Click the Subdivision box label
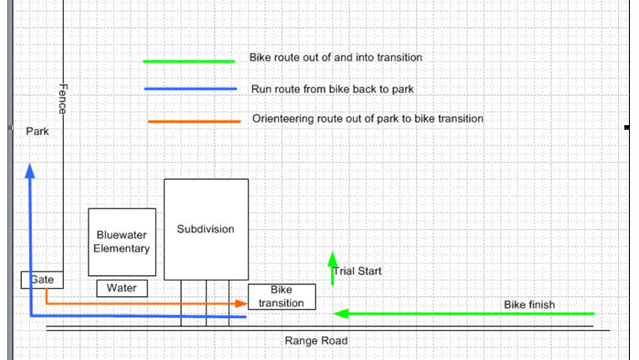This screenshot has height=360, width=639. [206, 229]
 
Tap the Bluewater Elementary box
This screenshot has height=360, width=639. [122, 242]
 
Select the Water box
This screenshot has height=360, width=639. [122, 288]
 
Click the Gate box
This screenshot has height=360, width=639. [42, 280]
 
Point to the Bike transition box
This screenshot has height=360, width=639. [282, 296]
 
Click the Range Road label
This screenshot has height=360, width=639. [316, 341]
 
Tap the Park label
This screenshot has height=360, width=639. [37, 132]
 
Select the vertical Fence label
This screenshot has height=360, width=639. [63, 99]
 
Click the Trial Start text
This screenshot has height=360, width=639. [357, 271]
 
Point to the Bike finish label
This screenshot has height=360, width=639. [529, 304]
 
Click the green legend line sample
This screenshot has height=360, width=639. [188, 61]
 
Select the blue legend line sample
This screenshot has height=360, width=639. [190, 89]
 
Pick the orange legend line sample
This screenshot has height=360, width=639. [194, 121]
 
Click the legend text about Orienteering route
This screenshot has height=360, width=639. [367, 119]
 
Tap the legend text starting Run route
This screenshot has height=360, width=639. [332, 90]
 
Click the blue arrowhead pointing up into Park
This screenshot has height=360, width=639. [30, 171]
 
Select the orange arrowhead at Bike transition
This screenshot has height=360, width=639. [241, 303]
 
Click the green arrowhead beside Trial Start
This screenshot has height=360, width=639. [333, 259]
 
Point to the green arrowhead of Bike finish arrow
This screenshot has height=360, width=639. [341, 313]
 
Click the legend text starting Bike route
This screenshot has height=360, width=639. [335, 58]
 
